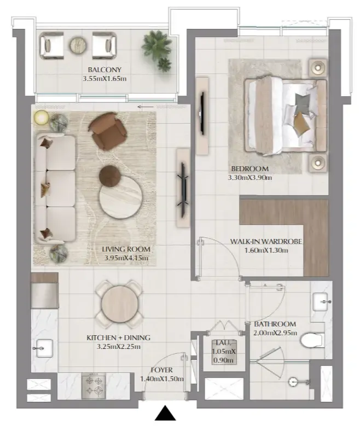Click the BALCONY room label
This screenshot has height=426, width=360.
[x=104, y=69]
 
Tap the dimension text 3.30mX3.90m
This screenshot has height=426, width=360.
[x=249, y=178]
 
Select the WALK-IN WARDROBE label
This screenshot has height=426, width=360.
[x=266, y=241]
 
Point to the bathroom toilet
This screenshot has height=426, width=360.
[x=312, y=340]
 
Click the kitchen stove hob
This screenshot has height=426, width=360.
[x=94, y=386]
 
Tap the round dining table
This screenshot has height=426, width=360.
[x=119, y=304]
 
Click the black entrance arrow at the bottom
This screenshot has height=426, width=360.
[x=165, y=413]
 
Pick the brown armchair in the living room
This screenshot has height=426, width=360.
[x=107, y=131]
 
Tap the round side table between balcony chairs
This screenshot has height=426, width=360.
[x=78, y=45]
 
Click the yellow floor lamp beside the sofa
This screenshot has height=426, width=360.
[x=42, y=118]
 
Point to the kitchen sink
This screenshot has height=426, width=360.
[x=43, y=348]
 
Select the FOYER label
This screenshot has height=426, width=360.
[x=162, y=370]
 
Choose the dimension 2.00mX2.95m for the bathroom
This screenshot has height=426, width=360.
[x=275, y=333]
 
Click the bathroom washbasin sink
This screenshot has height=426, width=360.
[x=322, y=301]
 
